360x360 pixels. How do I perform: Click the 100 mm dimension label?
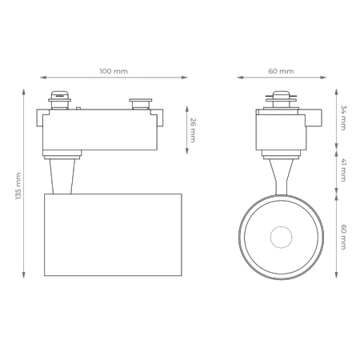(x=114, y=71)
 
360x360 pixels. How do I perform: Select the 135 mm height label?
(x=18, y=186)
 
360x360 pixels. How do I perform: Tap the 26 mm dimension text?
(x=192, y=128)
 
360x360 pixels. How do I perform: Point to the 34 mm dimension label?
(x=343, y=117)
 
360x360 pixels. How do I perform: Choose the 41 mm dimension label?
(x=343, y=170)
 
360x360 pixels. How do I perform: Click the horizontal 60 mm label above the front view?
(x=281, y=71)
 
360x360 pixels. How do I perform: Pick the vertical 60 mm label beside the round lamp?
(x=343, y=237)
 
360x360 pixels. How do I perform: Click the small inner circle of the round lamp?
(x=281, y=238)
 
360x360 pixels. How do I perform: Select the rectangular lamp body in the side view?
(x=113, y=234)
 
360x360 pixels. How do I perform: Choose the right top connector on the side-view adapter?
(x=139, y=103)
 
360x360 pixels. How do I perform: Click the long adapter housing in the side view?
(x=100, y=131)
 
